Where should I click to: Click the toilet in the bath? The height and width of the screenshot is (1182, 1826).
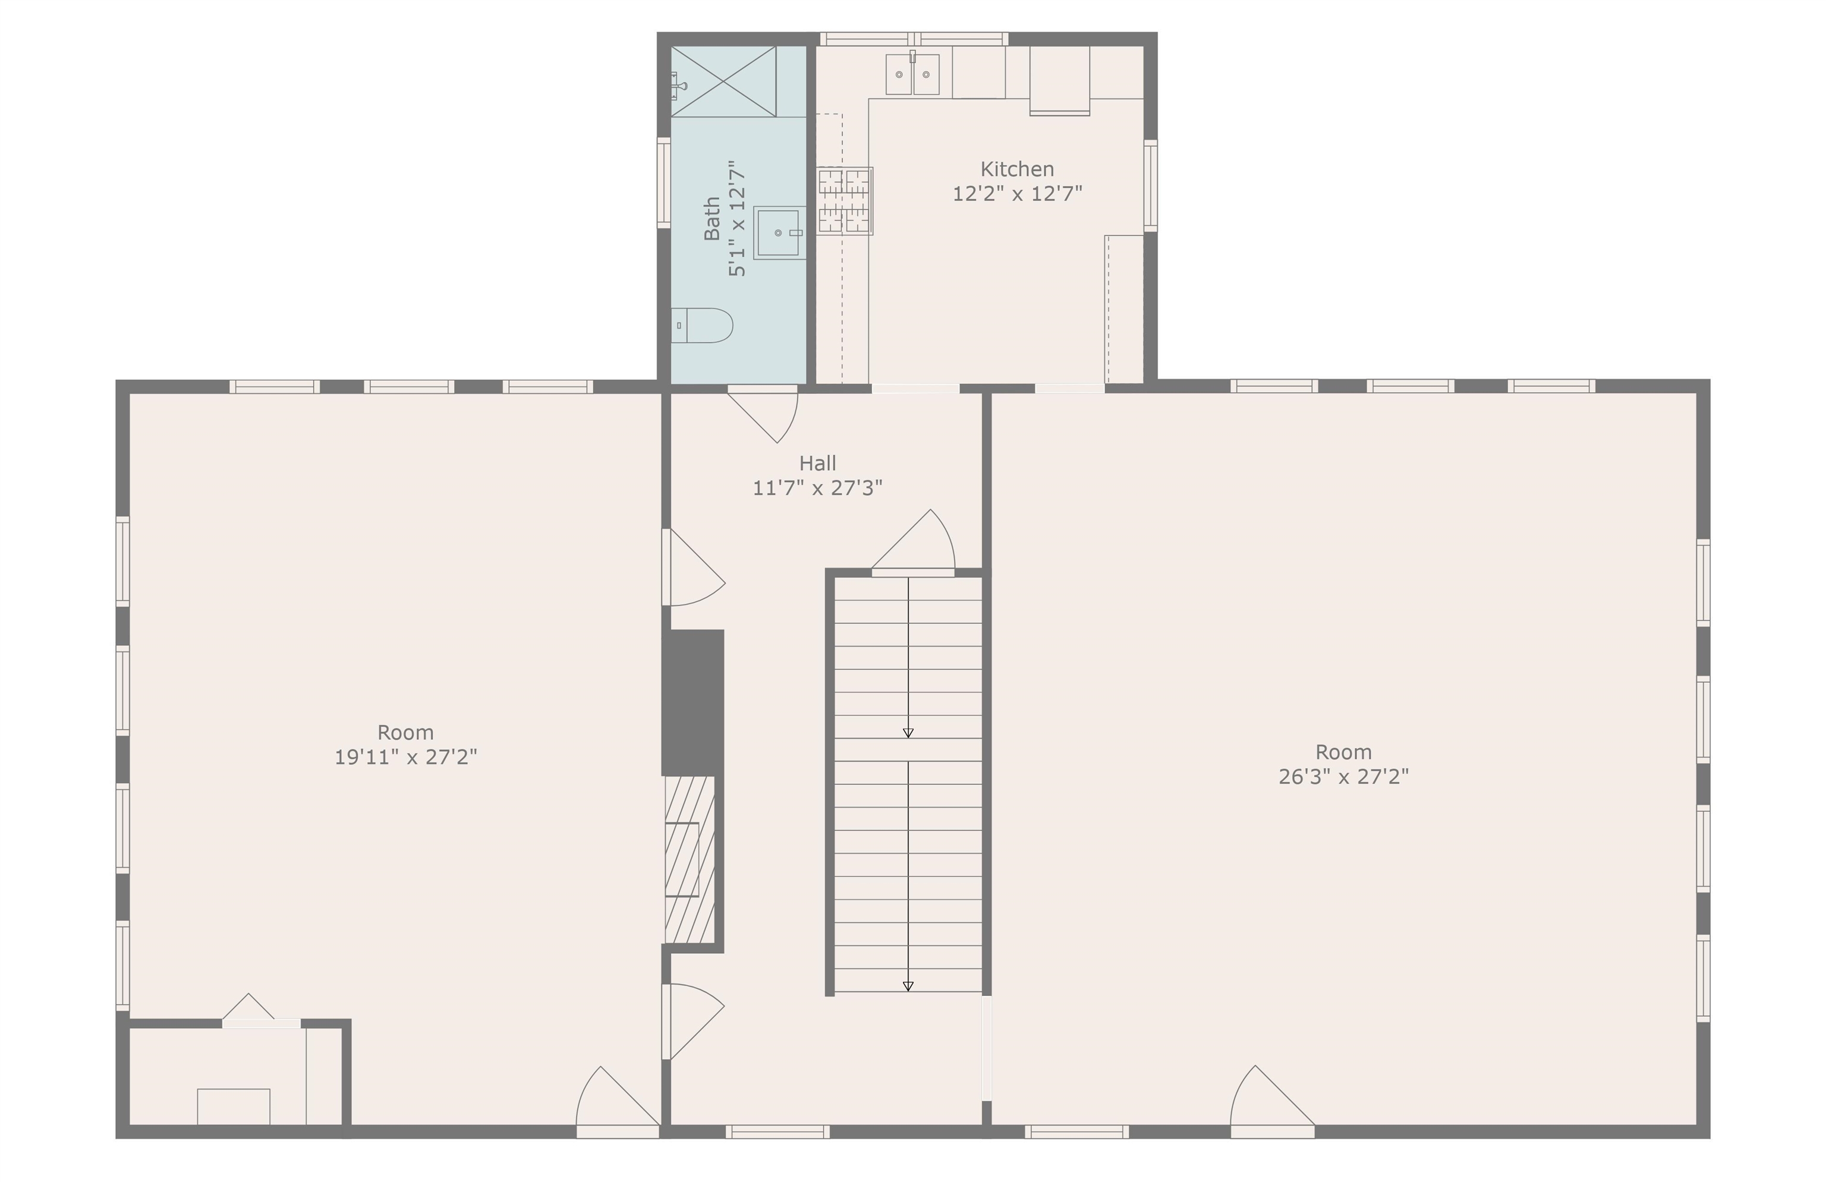coord(701,325)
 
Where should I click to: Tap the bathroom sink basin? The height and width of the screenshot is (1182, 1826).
coord(779,232)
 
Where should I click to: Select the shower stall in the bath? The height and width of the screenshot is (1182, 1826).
coord(723,81)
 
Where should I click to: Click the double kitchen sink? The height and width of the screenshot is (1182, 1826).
coord(912,74)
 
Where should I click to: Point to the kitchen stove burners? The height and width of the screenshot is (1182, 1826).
coord(844,201)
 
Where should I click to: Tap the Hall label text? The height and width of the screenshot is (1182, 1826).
coord(817,464)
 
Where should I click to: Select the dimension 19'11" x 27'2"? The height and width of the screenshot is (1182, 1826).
coord(405,757)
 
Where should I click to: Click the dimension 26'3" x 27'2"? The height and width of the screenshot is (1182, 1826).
coord(1343,776)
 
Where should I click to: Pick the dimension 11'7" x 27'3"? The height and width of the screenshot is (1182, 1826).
coord(817,488)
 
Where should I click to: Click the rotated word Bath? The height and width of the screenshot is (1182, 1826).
coord(712,219)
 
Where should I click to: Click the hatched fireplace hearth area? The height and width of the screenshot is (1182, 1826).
coord(690,859)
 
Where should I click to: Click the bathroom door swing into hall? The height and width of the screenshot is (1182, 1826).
coord(763,414)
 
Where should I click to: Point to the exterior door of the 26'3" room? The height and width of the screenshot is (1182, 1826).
coord(1272,1101)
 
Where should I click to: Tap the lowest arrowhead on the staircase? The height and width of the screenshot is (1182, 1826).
coord(908,986)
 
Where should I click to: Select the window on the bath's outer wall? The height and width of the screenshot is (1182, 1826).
coord(664,182)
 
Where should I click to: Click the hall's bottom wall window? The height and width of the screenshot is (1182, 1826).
coord(777,1131)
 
